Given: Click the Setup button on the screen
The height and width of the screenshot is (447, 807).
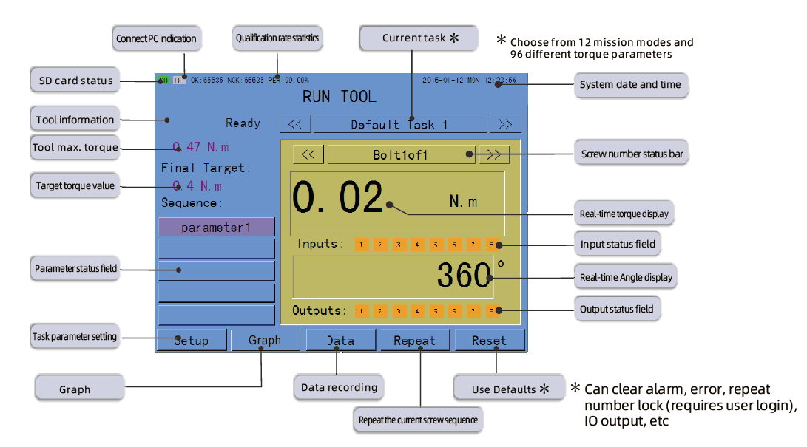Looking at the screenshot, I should [x=192, y=341].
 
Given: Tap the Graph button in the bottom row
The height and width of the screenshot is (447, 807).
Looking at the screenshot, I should [x=265, y=340].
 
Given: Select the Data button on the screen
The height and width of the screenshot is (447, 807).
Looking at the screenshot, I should [x=340, y=341].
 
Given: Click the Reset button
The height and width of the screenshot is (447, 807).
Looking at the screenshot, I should [x=489, y=341].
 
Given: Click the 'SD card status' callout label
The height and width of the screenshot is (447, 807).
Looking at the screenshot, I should [x=75, y=81].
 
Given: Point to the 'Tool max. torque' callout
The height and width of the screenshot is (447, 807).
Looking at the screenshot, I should [x=75, y=148].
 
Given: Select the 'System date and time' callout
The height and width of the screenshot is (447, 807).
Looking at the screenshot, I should [x=630, y=85].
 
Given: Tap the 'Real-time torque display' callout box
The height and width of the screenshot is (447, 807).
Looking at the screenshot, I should [x=624, y=214].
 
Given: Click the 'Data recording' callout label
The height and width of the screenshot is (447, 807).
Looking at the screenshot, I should [x=339, y=387].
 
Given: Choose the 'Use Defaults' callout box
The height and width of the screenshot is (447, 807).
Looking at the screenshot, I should [x=510, y=389].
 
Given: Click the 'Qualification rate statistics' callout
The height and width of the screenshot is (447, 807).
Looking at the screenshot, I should [x=278, y=38].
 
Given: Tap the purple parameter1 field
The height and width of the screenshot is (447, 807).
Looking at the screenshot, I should [x=216, y=228].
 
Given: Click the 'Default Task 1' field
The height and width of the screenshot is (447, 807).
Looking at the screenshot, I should [x=399, y=124].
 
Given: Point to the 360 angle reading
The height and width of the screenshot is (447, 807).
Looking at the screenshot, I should [x=463, y=276].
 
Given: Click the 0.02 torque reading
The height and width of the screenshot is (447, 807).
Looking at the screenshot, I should [x=338, y=199].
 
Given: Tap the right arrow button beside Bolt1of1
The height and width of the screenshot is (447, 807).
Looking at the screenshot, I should [x=494, y=154].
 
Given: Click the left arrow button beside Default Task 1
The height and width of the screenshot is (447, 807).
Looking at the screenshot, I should [x=294, y=124].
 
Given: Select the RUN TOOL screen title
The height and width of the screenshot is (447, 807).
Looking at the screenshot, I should [x=340, y=96].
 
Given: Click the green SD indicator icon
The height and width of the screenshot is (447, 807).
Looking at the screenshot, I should [x=163, y=80].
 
